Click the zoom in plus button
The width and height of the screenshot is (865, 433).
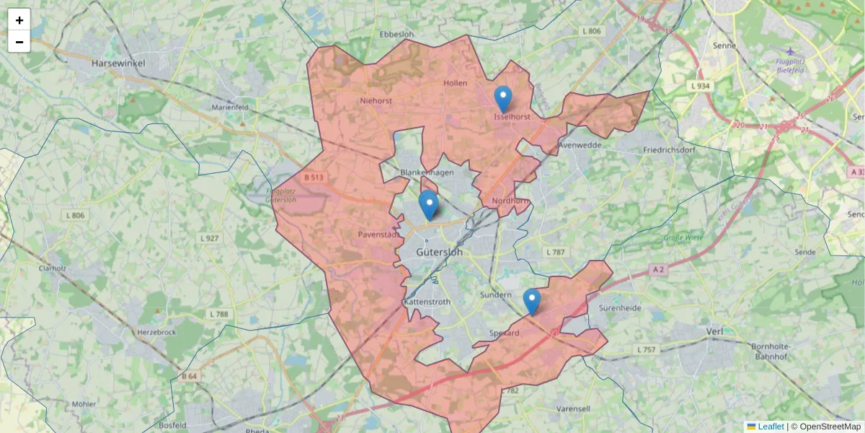(x=19, y=20)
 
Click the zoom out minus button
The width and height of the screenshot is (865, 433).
(x=19, y=42)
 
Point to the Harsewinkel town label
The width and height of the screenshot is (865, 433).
(x=118, y=64)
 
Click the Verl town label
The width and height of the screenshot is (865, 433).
(x=714, y=331)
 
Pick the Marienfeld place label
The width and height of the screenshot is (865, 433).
(x=230, y=107)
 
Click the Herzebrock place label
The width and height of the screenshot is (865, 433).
(x=156, y=333)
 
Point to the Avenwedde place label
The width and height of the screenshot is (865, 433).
(x=580, y=144)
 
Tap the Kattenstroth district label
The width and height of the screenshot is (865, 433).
(x=427, y=302)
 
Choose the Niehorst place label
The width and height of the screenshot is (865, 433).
(x=376, y=101)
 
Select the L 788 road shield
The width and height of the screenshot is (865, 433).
(x=218, y=314)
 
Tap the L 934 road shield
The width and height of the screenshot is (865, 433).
(x=699, y=86)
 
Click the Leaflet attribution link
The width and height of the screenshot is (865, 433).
(x=770, y=427)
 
